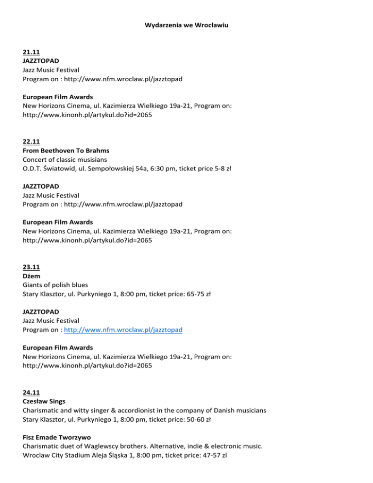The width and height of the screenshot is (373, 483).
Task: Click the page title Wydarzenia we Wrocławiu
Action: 186,22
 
